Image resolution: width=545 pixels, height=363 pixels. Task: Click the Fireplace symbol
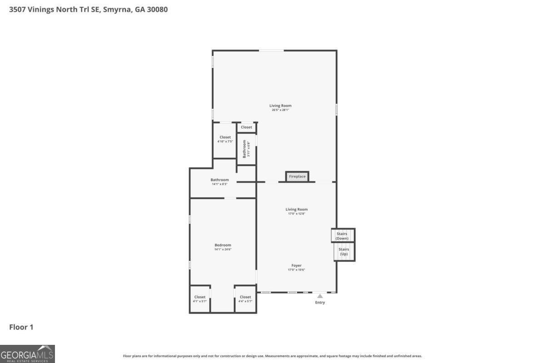(297, 177)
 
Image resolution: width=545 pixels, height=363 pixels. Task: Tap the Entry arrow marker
(320, 296)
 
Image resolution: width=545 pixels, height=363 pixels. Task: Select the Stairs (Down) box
(342, 236)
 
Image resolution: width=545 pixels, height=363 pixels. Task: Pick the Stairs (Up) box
(344, 252)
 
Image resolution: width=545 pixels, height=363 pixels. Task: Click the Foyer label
(296, 265)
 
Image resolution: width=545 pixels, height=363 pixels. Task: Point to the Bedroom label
(223, 245)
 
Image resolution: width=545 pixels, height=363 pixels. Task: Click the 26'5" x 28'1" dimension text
(280, 110)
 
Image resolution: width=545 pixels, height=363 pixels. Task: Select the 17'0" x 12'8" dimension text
(297, 214)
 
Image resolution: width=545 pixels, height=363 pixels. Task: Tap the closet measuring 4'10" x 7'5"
(225, 139)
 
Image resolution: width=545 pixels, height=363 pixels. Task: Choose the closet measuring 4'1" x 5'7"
(200, 299)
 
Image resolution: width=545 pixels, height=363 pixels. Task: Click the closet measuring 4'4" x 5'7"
(245, 299)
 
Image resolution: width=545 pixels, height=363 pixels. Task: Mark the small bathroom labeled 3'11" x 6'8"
(246, 149)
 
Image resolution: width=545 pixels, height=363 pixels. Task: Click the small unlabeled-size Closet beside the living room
(246, 128)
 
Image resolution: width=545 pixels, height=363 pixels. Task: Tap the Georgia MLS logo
(27, 353)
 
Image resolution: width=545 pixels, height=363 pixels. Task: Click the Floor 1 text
(21, 327)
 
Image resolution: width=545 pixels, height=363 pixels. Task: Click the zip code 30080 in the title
(157, 9)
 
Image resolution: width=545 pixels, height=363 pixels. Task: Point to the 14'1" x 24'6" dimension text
(223, 250)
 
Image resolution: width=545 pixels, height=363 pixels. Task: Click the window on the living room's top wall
(272, 50)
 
